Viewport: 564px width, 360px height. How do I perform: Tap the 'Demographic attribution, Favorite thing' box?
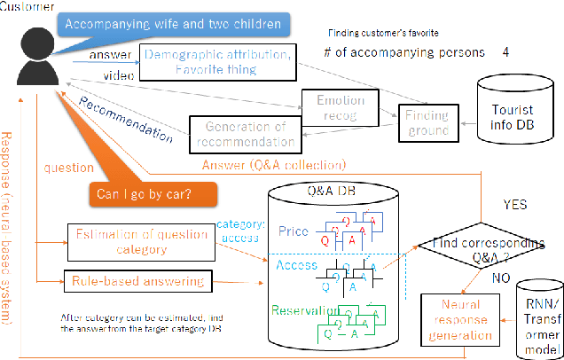(x=215, y=61)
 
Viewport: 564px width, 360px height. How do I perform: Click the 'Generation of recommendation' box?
(x=243, y=132)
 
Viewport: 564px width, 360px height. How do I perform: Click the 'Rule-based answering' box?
(x=137, y=282)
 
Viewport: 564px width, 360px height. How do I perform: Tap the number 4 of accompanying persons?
(x=505, y=52)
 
